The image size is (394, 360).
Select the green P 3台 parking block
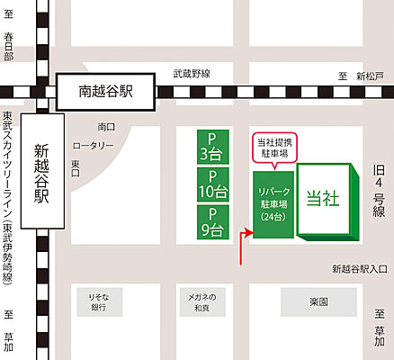(x=213, y=145)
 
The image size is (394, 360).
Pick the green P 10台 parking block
(x=213, y=184)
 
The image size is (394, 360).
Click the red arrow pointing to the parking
(x=241, y=247)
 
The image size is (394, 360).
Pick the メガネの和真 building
(x=200, y=302)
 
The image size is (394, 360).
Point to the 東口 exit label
(x=76, y=163)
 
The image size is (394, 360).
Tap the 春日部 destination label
(x=8, y=48)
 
